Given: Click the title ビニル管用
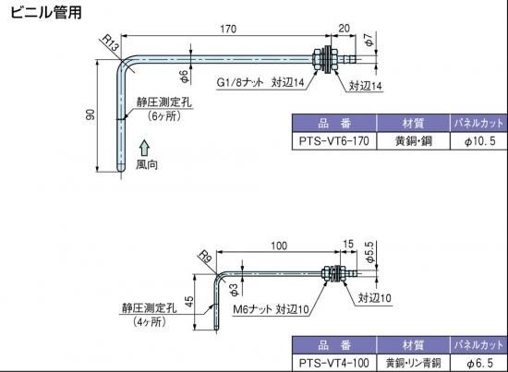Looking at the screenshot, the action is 46,12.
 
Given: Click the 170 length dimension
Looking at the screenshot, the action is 228,29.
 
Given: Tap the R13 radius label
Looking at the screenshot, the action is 110,43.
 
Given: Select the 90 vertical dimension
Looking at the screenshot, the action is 91,115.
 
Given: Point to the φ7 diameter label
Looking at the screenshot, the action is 369,40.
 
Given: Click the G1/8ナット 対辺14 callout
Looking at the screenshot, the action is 260,82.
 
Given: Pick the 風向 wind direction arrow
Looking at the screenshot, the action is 144,148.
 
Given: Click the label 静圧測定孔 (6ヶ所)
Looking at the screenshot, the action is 163,109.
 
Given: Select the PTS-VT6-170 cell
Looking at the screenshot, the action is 334,141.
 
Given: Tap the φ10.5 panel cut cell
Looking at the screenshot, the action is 478,141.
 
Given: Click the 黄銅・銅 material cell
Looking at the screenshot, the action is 414,141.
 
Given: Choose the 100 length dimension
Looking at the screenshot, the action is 279,246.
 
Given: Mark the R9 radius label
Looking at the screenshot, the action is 205,257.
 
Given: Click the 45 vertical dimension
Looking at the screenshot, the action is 189,302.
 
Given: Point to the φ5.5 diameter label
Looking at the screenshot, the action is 369,252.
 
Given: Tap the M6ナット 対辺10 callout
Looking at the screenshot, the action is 272,309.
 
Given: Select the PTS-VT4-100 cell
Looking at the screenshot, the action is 334,363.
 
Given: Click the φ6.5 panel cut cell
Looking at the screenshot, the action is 478,363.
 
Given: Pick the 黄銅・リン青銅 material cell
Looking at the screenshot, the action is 414,363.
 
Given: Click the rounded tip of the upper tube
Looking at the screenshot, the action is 120,169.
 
